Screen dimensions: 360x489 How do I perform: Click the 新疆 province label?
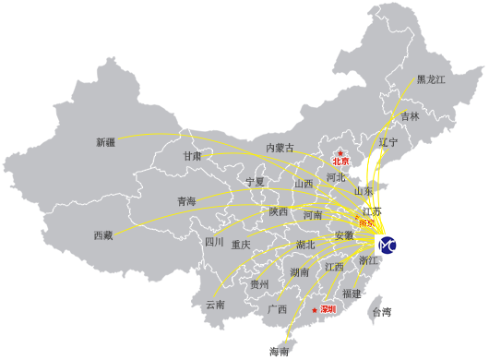coord(106,142)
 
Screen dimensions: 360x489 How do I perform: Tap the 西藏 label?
coord(102,235)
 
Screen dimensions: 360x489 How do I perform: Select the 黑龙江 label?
coord(431,80)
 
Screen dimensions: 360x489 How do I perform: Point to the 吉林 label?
coord(410,116)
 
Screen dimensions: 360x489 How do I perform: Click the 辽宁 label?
coord(388,142)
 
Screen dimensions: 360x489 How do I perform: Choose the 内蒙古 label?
coord(280,148)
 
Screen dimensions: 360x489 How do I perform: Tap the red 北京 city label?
coord(342,162)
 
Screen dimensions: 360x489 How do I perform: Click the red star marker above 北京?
coord(340,152)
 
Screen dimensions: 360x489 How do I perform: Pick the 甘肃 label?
coord(192,156)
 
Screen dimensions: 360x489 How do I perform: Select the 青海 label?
coord(185,201)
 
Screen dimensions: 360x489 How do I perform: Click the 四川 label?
coord(214,242)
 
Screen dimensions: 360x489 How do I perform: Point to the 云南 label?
coord(214,305)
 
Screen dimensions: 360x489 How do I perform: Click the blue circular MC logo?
coord(388,245)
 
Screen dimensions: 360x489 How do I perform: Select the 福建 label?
coord(352,293)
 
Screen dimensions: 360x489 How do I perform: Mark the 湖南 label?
coord(300,272)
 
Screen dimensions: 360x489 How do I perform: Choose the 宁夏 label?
coord(255,181)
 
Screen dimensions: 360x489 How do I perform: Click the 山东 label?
coord(364,191)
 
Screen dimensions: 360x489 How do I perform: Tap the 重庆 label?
coord(241,245)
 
